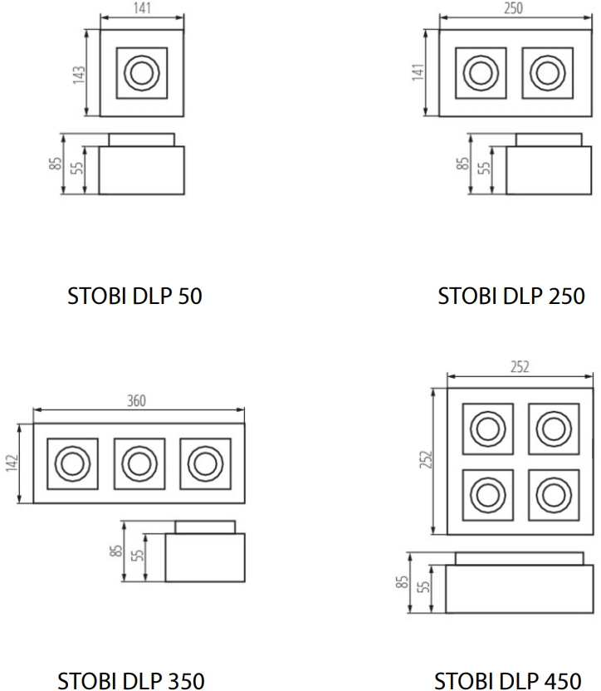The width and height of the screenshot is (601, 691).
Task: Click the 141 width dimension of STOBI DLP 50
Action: click(x=140, y=9)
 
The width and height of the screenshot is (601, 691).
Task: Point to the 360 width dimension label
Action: click(x=137, y=400)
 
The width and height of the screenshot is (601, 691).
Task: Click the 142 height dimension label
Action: click(x=12, y=463)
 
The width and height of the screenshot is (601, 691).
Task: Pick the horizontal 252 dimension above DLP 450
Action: click(x=520, y=368)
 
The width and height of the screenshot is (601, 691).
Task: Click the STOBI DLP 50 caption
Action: click(x=134, y=296)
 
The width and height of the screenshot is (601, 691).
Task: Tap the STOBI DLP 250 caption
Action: click(x=511, y=296)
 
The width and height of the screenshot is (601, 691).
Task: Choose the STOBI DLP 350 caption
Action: click(x=130, y=680)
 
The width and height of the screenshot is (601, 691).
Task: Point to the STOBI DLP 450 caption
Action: click(x=508, y=680)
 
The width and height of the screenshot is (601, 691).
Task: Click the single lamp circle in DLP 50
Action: click(x=141, y=73)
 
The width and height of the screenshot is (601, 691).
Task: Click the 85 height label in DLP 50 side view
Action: click(x=56, y=164)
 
